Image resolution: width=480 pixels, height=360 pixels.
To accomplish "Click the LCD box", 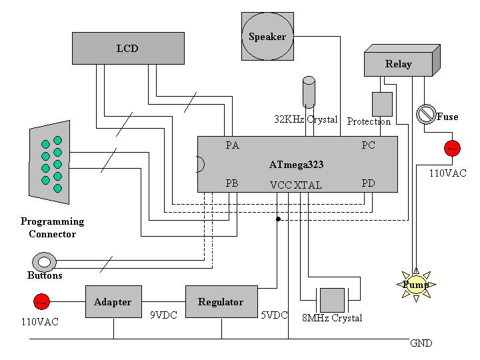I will [x=128, y=48].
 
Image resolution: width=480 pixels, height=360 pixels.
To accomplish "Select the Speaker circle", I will [x=267, y=37].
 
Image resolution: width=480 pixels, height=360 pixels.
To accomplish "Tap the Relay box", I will [x=399, y=64].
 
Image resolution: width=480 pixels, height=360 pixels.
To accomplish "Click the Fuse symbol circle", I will [x=425, y=115].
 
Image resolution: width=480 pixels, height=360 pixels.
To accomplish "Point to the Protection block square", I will [x=381, y=103].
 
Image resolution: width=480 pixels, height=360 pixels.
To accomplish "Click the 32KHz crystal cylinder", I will [x=309, y=92].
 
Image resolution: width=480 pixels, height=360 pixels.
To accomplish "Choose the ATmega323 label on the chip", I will [x=297, y=164].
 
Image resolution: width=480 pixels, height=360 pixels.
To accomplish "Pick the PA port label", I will [x=233, y=145].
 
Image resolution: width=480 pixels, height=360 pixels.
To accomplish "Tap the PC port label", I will [x=368, y=145].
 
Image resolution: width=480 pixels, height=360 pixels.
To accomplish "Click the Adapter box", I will [x=113, y=302].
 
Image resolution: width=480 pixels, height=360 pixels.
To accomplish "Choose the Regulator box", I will [x=221, y=302].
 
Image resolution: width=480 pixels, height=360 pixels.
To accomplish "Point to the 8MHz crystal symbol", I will [x=332, y=299].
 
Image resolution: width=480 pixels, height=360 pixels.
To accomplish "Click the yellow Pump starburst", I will [x=417, y=285].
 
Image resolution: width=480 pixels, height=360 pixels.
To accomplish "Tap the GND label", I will [x=421, y=343].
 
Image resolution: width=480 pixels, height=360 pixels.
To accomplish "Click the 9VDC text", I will [x=164, y=315].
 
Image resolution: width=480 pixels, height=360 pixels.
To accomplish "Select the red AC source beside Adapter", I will [x=41, y=302].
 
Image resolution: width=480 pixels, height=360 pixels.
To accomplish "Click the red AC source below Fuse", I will [x=452, y=148].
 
